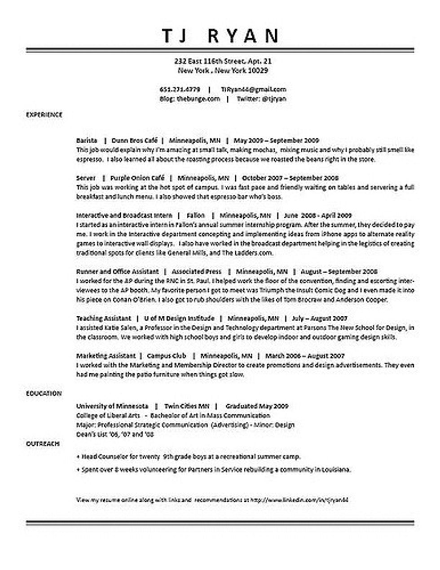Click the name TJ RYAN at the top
[x=220, y=35]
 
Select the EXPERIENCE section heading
[x=44, y=115]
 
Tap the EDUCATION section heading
[x=44, y=393]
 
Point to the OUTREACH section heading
[x=43, y=444]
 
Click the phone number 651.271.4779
[x=180, y=89]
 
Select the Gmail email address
[x=254, y=89]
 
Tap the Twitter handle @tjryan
[x=274, y=98]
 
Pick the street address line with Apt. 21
[x=223, y=61]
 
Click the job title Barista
[x=87, y=140]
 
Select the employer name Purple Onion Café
[x=137, y=177]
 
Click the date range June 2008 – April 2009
[x=318, y=215]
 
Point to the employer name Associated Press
[x=197, y=271]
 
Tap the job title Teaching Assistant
[x=104, y=318]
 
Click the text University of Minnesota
[x=112, y=406]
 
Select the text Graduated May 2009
[x=257, y=406]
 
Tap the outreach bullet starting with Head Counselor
[x=189, y=457]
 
